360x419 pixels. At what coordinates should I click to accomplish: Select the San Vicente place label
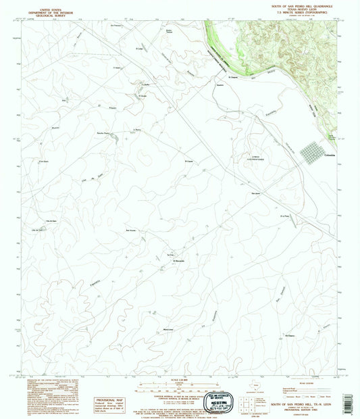point(132,231)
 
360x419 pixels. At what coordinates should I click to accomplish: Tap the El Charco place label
point(290,336)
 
